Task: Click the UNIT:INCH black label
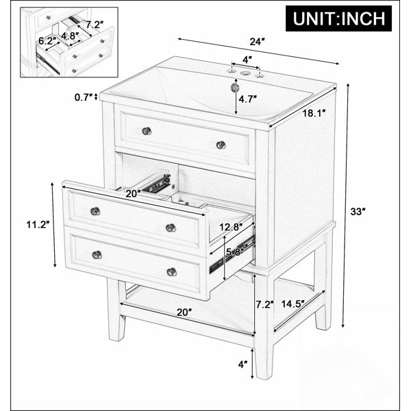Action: click(338, 18)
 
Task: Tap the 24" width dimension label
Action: click(257, 42)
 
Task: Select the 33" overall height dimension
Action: click(358, 211)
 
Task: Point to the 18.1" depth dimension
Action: click(314, 113)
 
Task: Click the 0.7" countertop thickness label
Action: click(84, 97)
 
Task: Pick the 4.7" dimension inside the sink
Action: click(247, 99)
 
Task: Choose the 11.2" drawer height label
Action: click(38, 225)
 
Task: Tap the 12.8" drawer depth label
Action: click(231, 227)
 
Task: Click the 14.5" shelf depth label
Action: click(292, 303)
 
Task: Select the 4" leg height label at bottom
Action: click(243, 364)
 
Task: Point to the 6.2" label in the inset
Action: click(47, 40)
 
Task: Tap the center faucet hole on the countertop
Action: click(245, 73)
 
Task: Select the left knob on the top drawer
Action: click(147, 131)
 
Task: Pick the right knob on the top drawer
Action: click(221, 145)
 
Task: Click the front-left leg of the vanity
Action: click(115, 310)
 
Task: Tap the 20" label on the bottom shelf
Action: click(184, 312)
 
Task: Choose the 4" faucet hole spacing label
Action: click(247, 60)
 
